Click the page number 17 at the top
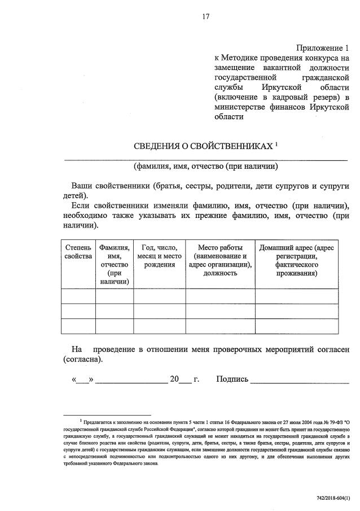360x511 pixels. pos(206,16)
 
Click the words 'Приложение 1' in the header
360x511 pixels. pos(323,48)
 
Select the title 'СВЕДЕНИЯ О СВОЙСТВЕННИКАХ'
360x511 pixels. pos(203,147)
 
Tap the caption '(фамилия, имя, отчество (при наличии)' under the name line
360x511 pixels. pos(206,167)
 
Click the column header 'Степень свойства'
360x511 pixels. pos(78,252)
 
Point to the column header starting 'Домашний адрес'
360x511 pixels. pos(296,260)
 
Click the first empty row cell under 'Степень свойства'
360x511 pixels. pos(78,296)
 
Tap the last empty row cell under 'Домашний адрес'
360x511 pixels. pos(296,326)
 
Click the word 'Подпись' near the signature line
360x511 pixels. pos(232,379)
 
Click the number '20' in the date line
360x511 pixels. pos(174,379)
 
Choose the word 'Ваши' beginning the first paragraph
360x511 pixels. pos(82,186)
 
